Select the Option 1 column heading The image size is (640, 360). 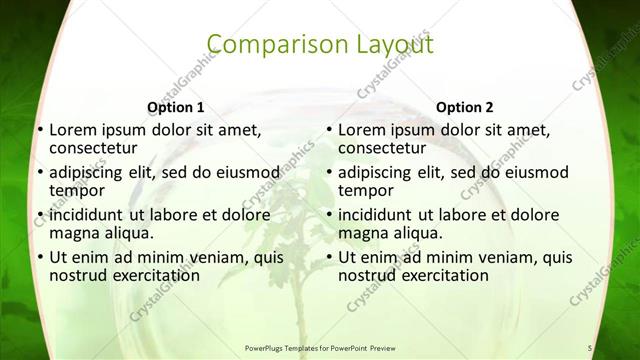tap(175, 107)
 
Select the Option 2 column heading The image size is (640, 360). tap(465, 107)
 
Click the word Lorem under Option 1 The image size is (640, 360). tap(72, 130)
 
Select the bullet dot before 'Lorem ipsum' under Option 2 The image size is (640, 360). tap(328, 131)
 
